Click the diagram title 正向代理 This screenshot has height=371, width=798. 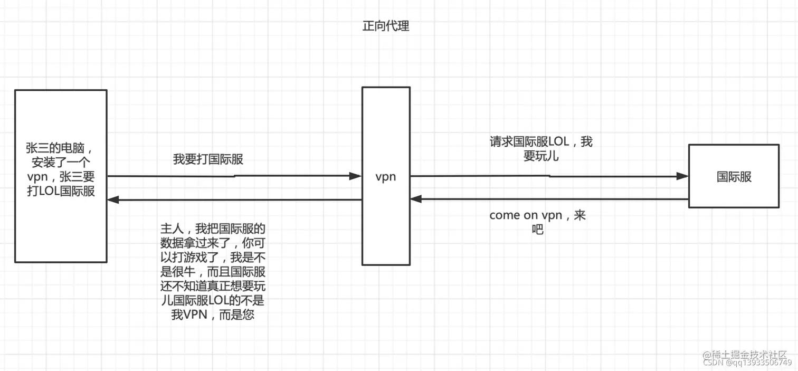coord(385,26)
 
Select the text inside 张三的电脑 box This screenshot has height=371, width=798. coord(61,169)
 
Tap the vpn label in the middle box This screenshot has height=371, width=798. coord(385,177)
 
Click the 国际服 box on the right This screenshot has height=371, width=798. coord(734,177)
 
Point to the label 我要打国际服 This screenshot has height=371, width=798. coord(208,159)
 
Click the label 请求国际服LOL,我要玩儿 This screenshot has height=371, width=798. coord(541,149)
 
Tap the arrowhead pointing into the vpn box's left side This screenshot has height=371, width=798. coord(356,176)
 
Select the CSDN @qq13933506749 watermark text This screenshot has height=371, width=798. coord(747,363)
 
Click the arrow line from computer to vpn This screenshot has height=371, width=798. coord(232,176)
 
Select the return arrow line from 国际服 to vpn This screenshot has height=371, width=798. coord(549,199)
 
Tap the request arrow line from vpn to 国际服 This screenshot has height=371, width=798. coord(549,176)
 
